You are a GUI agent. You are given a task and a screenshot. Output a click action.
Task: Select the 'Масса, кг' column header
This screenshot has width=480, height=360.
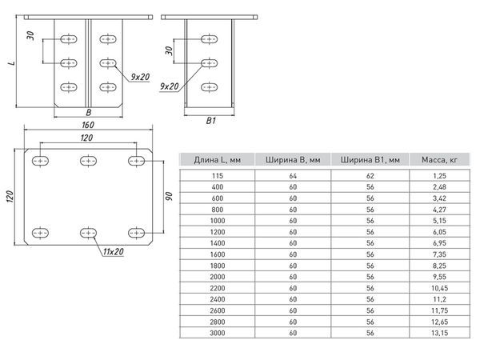pos(434,161)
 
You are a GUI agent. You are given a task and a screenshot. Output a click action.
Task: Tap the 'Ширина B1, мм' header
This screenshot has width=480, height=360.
pos(363,161)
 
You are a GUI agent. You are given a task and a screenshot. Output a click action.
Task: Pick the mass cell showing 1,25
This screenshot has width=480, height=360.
pos(434,174)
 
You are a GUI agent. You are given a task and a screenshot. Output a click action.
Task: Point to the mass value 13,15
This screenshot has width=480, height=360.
pos(434,333)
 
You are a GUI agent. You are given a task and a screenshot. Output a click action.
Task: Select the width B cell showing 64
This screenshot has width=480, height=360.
pos(292,174)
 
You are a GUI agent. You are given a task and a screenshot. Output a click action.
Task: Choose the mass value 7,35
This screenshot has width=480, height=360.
pos(434,254)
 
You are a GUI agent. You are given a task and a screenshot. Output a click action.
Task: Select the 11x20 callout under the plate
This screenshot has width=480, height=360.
pos(118,253)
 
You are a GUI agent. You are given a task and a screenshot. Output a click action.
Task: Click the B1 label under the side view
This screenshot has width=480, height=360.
pos(211,121)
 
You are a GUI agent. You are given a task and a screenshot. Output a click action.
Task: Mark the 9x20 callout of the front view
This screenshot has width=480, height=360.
pos(141,77)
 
